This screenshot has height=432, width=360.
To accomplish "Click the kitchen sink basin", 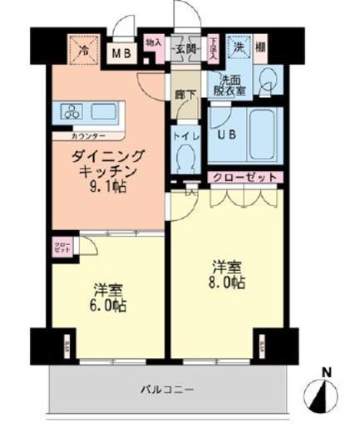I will click(x=105, y=111).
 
